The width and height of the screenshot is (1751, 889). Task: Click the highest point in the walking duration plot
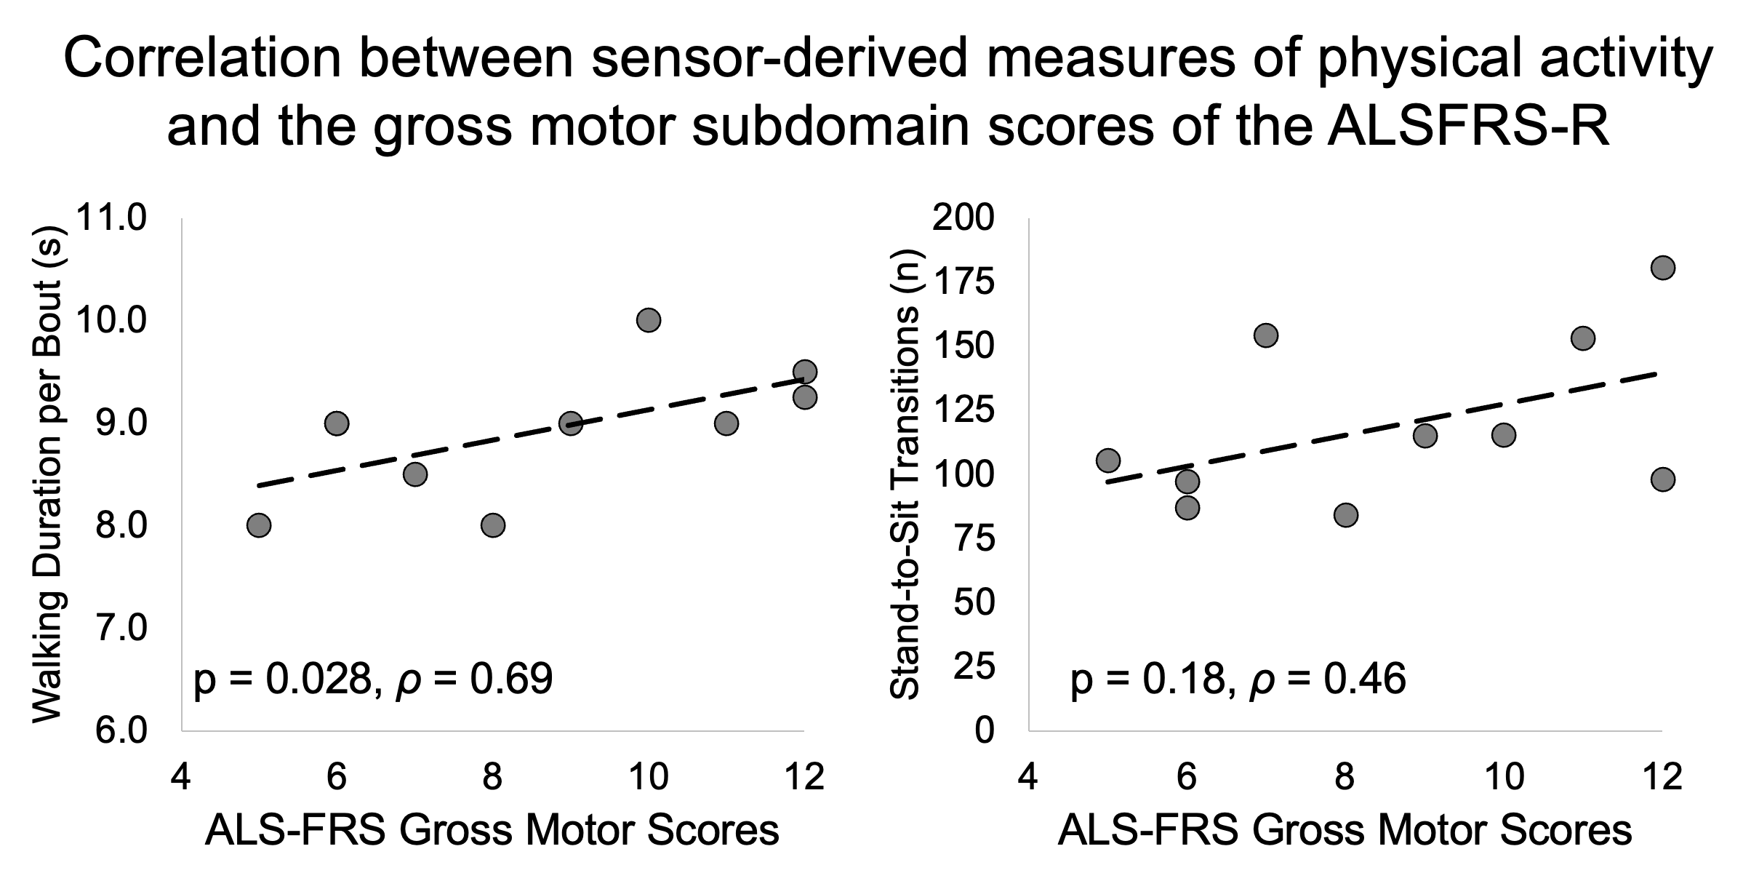[x=648, y=320]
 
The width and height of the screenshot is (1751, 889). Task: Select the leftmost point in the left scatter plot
[x=259, y=525]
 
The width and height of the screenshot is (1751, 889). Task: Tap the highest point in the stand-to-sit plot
[x=1662, y=268]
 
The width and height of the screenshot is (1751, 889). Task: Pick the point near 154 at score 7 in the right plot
[x=1266, y=335]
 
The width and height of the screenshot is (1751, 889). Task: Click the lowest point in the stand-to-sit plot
[x=1346, y=515]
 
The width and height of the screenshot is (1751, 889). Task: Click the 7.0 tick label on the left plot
[x=121, y=628]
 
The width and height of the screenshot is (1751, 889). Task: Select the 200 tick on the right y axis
[x=963, y=218]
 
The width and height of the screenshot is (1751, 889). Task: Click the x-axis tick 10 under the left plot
[x=648, y=778]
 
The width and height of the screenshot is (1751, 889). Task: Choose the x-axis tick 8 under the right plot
[x=1345, y=778]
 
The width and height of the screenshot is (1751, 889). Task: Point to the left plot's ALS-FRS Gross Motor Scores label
[x=492, y=831]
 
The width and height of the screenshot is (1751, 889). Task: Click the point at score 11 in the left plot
[x=726, y=423]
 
